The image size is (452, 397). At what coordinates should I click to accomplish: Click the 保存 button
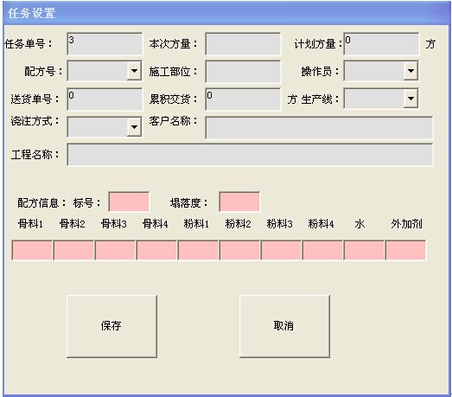click(111, 326)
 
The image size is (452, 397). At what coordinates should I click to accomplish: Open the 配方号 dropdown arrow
click(134, 71)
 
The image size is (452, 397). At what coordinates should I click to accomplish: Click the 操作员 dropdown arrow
click(411, 71)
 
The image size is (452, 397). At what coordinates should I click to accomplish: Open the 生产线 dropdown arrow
click(411, 99)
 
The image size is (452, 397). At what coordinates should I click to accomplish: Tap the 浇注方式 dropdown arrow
click(134, 126)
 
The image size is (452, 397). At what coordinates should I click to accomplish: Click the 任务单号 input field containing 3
click(105, 44)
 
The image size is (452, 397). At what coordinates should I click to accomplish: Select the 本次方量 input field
click(243, 44)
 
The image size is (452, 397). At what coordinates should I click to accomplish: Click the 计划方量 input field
click(381, 44)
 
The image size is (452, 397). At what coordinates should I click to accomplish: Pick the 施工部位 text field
click(243, 71)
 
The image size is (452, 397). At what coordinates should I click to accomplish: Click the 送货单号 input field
click(105, 99)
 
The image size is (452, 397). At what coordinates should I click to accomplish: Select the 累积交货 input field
click(243, 99)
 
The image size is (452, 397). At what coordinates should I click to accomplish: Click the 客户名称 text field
click(319, 127)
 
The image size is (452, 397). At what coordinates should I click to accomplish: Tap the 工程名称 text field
click(250, 155)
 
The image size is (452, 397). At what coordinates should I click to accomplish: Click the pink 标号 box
click(129, 202)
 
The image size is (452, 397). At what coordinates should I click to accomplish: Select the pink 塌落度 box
click(239, 202)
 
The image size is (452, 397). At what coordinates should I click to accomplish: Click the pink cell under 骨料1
click(32, 250)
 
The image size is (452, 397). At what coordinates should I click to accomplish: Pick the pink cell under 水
click(364, 250)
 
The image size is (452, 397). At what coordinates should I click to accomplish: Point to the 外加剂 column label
click(406, 224)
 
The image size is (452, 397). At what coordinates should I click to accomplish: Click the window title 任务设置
click(32, 13)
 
